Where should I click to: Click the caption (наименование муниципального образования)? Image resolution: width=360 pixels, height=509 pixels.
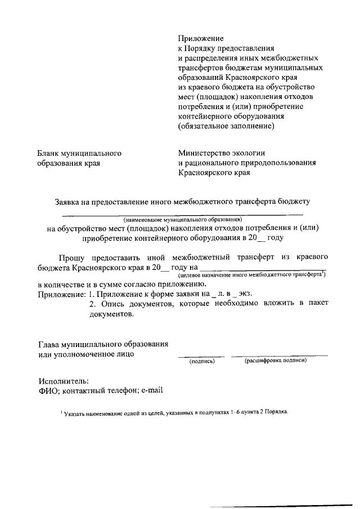[183, 219]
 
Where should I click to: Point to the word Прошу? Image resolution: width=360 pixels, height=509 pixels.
[75, 257]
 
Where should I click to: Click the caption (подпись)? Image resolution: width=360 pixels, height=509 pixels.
[202, 361]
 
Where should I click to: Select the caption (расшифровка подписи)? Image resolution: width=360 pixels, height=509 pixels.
[276, 361]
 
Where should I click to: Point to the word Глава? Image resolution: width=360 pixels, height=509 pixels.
[50, 344]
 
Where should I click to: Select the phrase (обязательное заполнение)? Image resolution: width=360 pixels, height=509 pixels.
[226, 127]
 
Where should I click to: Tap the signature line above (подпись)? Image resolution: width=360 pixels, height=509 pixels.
[201, 356]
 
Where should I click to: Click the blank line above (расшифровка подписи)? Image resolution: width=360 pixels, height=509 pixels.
[279, 356]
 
